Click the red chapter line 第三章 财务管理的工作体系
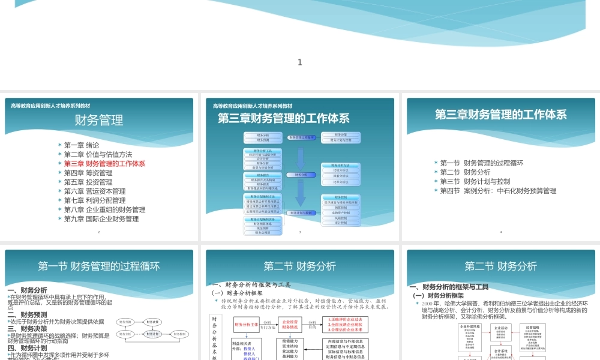point(104,163)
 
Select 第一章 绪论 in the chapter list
point(82,145)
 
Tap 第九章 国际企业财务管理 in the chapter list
point(101,219)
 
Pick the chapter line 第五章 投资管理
point(88,182)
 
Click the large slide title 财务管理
point(99,120)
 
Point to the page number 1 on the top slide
point(300,62)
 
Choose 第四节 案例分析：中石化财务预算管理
point(498,191)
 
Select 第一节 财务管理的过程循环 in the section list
point(482,163)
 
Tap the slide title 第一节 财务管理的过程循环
point(99,266)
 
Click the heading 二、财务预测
point(26,314)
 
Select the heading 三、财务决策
point(26,329)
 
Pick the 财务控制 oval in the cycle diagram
point(181,334)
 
